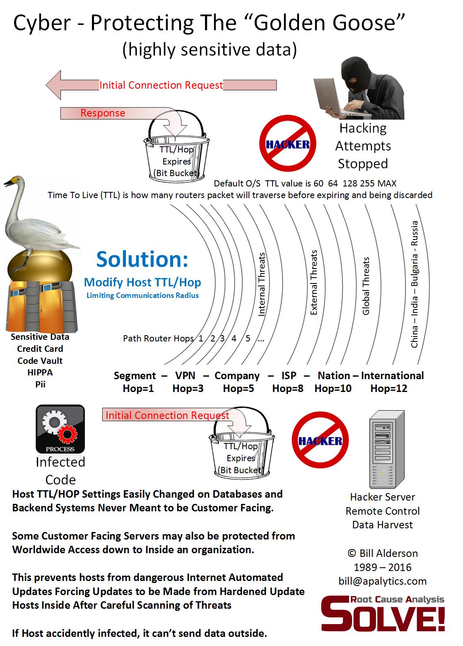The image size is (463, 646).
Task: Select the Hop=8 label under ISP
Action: pos(288,389)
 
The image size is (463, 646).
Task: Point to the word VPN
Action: pos(185,376)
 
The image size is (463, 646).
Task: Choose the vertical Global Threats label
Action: pos(366,286)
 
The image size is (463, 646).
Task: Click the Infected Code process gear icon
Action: pos(60,429)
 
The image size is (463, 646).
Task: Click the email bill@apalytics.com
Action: pos(382,581)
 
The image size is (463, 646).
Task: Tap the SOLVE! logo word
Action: pos(383,616)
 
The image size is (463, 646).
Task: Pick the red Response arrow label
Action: pos(103,113)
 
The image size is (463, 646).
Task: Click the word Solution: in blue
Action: pos(142,259)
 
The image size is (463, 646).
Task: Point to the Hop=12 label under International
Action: pos(389,389)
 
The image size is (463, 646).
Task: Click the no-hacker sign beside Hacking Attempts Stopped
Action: pos(287,143)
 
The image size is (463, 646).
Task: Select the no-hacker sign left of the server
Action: pos(320,440)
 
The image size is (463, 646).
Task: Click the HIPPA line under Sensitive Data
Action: pos(40,373)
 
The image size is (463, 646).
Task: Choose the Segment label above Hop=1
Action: pos(135,376)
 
